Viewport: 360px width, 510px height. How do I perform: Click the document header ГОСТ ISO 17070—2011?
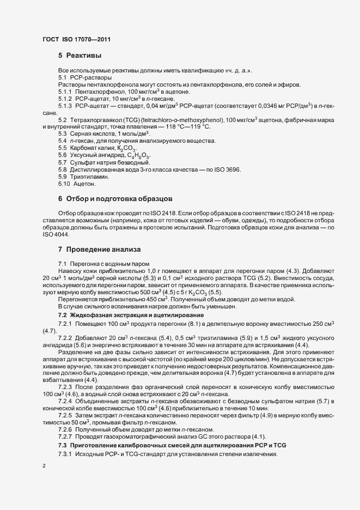coord(77,39)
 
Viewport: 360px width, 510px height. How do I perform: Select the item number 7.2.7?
coord(66,436)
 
